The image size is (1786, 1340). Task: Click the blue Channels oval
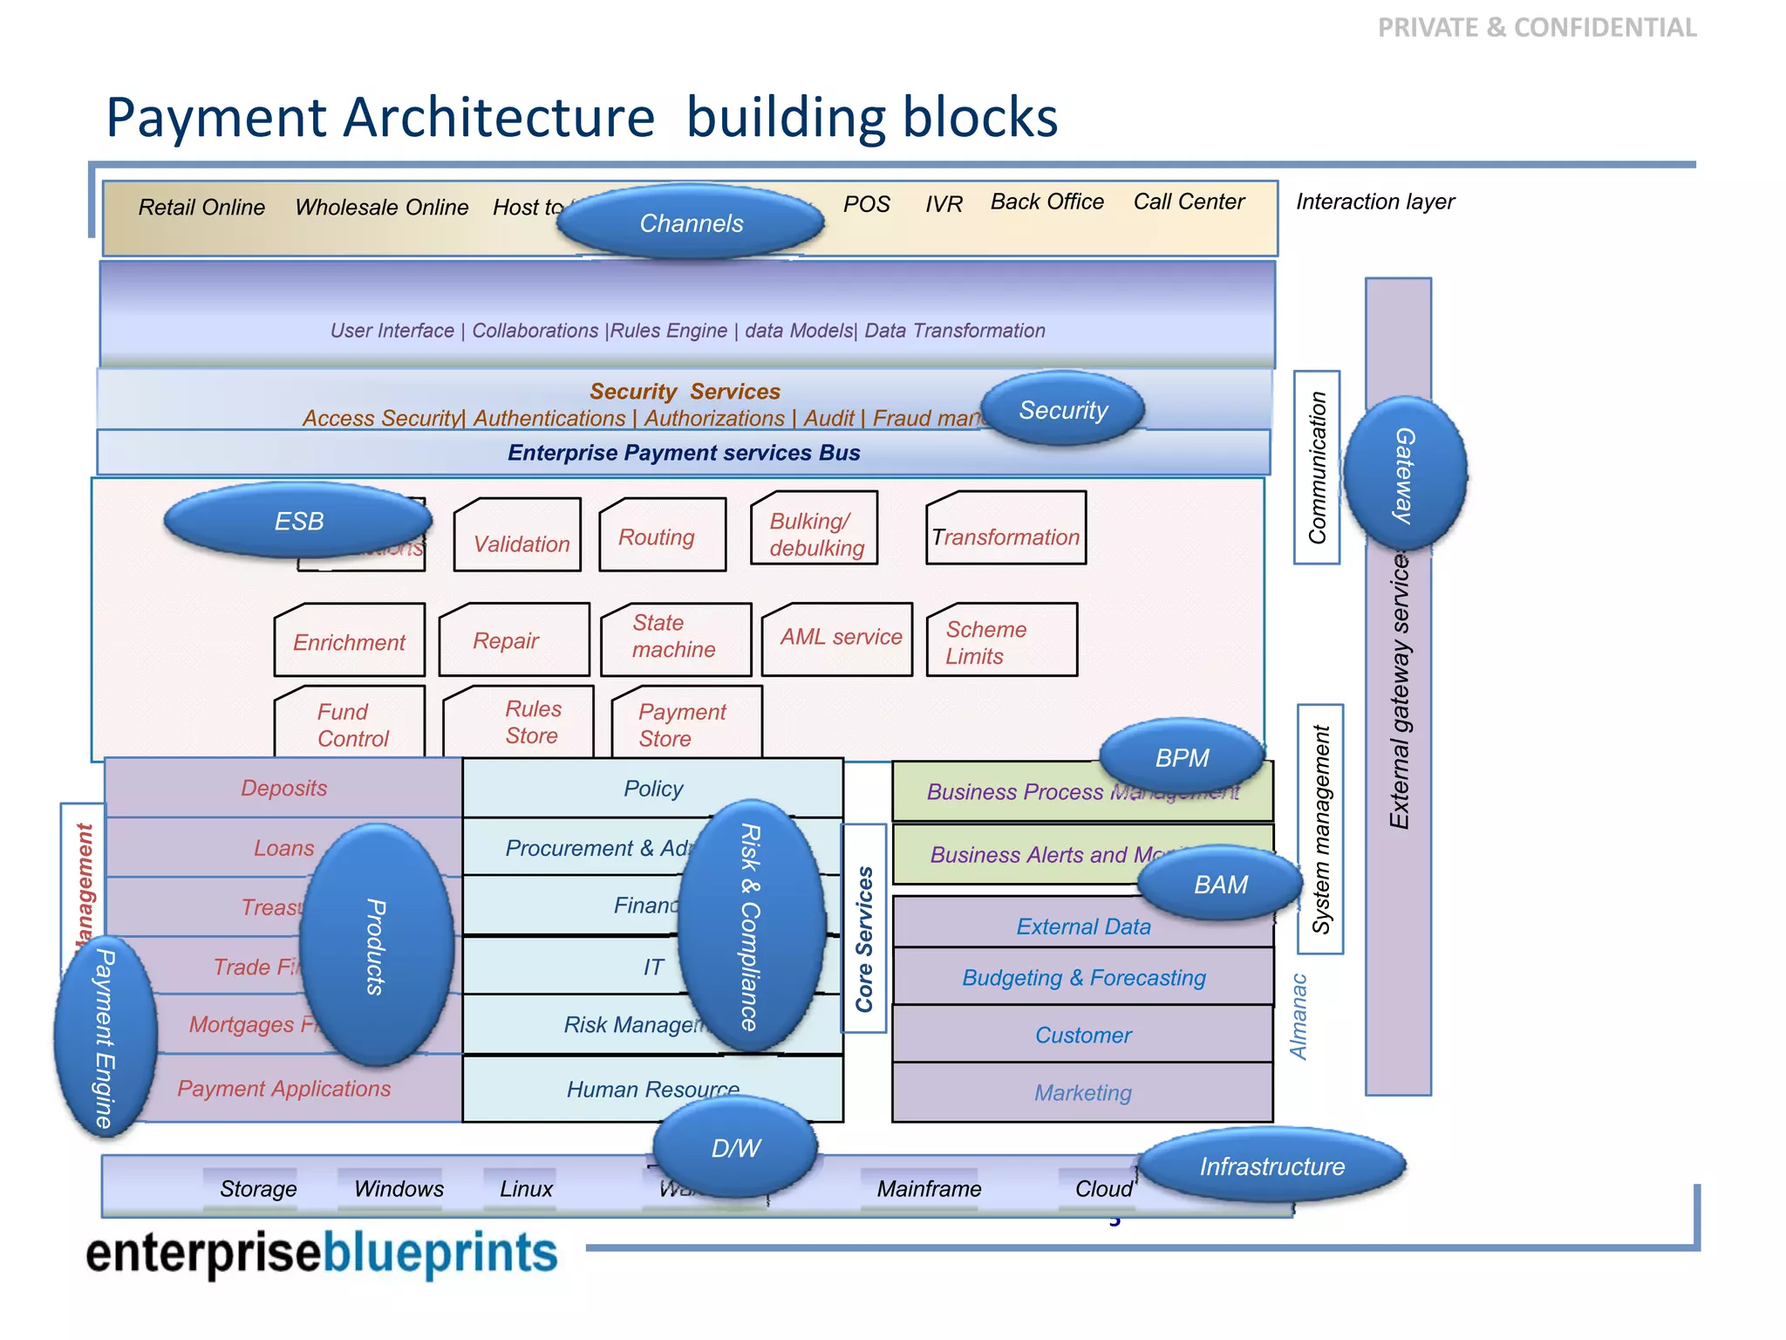pyautogui.click(x=691, y=222)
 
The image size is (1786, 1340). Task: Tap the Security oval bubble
pyautogui.click(x=1063, y=409)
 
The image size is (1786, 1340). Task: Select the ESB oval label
pyautogui.click(x=298, y=521)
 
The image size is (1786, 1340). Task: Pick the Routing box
pyautogui.click(x=663, y=536)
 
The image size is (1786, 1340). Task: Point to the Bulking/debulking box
pyautogui.click(x=815, y=530)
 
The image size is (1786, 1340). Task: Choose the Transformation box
pyautogui.click(x=1005, y=530)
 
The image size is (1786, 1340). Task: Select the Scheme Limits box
pyautogui.click(x=1001, y=640)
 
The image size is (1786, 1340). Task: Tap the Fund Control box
pyautogui.click(x=350, y=723)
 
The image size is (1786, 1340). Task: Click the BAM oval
pyautogui.click(x=1220, y=884)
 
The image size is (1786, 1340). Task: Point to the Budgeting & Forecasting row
pyautogui.click(x=1083, y=977)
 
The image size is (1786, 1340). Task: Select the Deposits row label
pyautogui.click(x=283, y=788)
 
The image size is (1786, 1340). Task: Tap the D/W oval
pyautogui.click(x=735, y=1147)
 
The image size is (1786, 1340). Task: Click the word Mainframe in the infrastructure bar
pyautogui.click(x=929, y=1189)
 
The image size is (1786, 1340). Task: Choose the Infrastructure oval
pyautogui.click(x=1271, y=1166)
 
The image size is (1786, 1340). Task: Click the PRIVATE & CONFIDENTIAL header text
pyautogui.click(x=1537, y=28)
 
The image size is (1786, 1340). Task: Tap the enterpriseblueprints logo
pyautogui.click(x=322, y=1253)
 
